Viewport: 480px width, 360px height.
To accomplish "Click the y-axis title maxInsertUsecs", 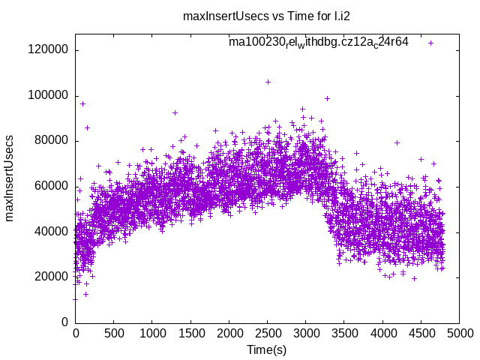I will (x=10, y=178).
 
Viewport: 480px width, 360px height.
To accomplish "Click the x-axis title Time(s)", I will (x=267, y=349).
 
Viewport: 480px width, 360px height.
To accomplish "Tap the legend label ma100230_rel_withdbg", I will (x=319, y=43).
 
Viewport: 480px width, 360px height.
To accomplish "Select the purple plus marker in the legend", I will (x=431, y=43).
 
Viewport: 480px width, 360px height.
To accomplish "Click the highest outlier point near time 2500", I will (x=268, y=82).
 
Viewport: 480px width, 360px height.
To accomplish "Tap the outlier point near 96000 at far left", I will (x=82, y=103).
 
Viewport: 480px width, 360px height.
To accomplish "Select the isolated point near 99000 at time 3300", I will (x=327, y=98).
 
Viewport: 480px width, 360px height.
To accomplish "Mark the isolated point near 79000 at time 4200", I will (x=397, y=142).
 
